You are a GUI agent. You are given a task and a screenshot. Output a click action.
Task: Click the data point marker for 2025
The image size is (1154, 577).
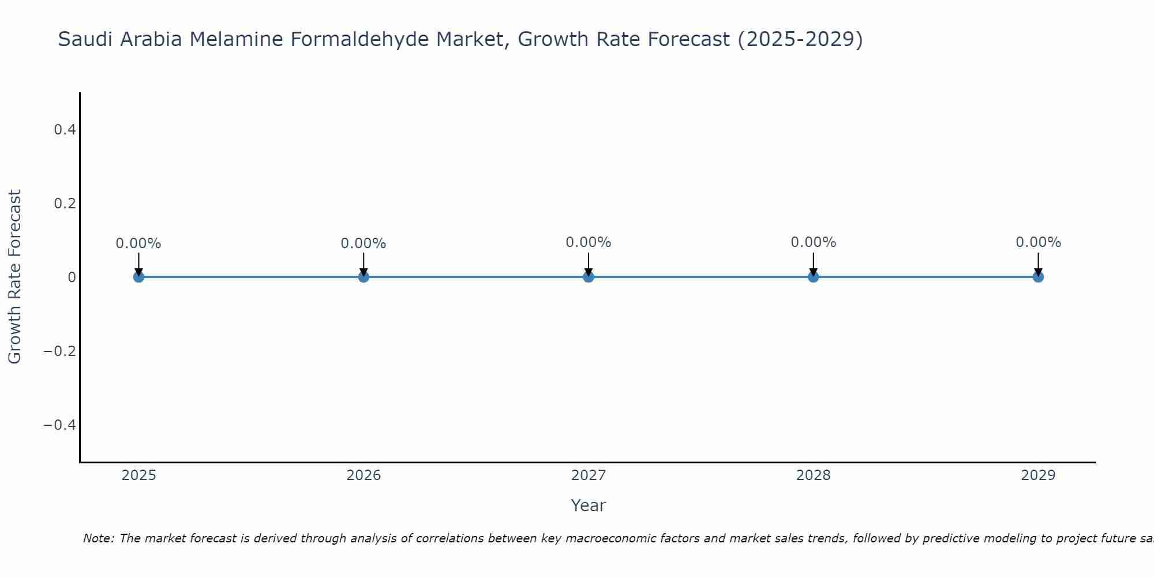138,277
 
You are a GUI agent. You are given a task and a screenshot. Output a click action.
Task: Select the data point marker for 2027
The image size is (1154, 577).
589,277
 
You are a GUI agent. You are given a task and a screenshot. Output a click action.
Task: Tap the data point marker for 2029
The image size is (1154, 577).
1038,277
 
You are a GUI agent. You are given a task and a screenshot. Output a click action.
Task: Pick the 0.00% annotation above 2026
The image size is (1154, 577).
364,243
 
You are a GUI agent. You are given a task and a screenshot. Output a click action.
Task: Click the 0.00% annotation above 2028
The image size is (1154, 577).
814,242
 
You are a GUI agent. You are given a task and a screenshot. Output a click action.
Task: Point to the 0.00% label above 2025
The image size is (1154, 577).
138,243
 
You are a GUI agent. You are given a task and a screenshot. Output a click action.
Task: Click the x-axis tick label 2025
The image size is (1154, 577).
139,475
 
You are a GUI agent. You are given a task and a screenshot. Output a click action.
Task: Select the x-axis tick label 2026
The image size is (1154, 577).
364,475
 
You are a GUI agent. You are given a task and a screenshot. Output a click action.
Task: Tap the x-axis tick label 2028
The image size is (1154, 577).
814,475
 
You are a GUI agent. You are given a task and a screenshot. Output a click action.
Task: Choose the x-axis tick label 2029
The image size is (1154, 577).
1038,475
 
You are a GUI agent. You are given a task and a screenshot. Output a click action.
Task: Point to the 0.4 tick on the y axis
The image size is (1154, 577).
65,130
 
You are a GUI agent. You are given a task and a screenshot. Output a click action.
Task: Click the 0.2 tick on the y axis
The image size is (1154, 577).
65,204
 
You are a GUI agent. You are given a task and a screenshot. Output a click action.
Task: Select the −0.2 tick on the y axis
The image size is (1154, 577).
60,351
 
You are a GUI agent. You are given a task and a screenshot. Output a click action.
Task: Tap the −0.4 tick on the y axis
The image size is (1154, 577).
60,425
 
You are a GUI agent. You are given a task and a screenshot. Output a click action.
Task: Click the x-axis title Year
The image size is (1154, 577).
588,506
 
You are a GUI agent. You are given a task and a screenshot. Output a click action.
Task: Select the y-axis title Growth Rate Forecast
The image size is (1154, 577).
15,277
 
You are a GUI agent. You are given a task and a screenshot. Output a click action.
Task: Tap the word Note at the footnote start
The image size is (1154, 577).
98,539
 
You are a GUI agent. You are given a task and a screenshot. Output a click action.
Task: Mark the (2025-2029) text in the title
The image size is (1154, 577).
800,40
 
